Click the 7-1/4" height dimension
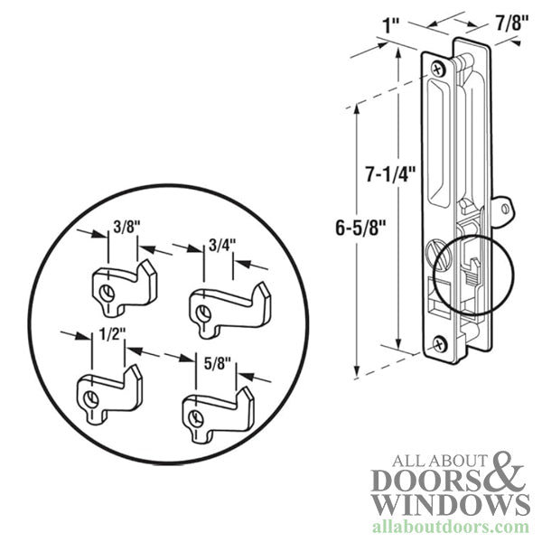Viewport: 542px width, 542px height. click(390, 173)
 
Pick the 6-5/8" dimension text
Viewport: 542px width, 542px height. click(360, 228)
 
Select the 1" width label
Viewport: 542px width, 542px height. click(391, 25)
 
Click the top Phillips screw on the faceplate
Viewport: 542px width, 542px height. click(439, 69)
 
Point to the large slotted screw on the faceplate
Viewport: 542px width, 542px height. click(439, 256)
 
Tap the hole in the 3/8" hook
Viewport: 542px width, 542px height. click(107, 294)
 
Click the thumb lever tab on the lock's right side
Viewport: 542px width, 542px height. click(500, 210)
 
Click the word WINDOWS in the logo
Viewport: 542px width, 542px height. click(452, 505)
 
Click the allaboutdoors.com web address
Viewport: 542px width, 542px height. click(451, 528)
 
